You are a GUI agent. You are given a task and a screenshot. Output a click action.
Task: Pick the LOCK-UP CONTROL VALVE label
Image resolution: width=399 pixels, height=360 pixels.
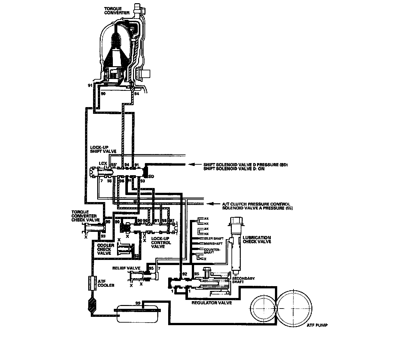coord(161,243)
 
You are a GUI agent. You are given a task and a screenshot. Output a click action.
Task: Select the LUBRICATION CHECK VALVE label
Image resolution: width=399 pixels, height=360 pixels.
coord(257,239)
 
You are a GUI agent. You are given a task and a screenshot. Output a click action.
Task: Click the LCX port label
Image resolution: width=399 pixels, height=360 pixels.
coord(103,164)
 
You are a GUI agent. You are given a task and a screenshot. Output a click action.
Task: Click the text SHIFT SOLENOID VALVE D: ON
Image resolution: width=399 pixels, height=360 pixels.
coord(234,169)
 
